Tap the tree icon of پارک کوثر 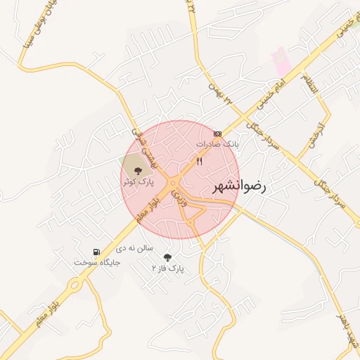tap(137, 169)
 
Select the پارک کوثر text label tap(137, 181)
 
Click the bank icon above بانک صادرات tap(217, 133)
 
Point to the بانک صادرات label tap(217, 143)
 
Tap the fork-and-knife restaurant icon tap(200, 161)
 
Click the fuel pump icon tap(96, 252)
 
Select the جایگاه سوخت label tap(97, 262)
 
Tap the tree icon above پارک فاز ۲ tap(167, 257)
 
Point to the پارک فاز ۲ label tap(167, 269)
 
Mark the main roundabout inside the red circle tap(172, 186)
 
